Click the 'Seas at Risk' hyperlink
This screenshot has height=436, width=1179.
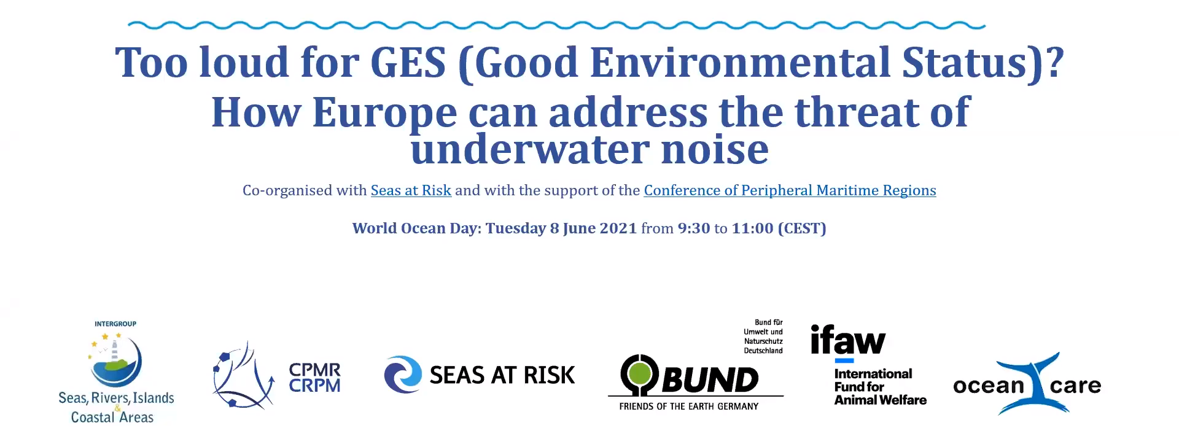[411, 190]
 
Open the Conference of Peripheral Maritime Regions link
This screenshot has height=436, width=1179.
[790, 190]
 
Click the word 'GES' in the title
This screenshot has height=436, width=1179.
[408, 63]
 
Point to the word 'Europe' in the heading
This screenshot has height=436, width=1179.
[384, 112]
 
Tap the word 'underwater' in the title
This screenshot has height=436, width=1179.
[530, 149]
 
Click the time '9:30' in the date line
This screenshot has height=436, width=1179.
[693, 228]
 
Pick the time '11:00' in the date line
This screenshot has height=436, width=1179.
[752, 228]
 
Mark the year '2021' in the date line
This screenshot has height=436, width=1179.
[618, 228]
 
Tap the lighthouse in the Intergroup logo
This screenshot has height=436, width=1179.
[114, 350]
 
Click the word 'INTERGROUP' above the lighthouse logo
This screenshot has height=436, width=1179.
[115, 324]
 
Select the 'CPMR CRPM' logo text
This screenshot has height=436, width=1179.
[314, 378]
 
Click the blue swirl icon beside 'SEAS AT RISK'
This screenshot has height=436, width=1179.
[403, 375]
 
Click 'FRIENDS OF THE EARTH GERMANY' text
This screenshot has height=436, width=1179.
[688, 407]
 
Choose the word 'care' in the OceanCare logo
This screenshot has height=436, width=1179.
[1075, 386]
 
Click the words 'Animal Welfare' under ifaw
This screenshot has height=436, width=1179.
[880, 400]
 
